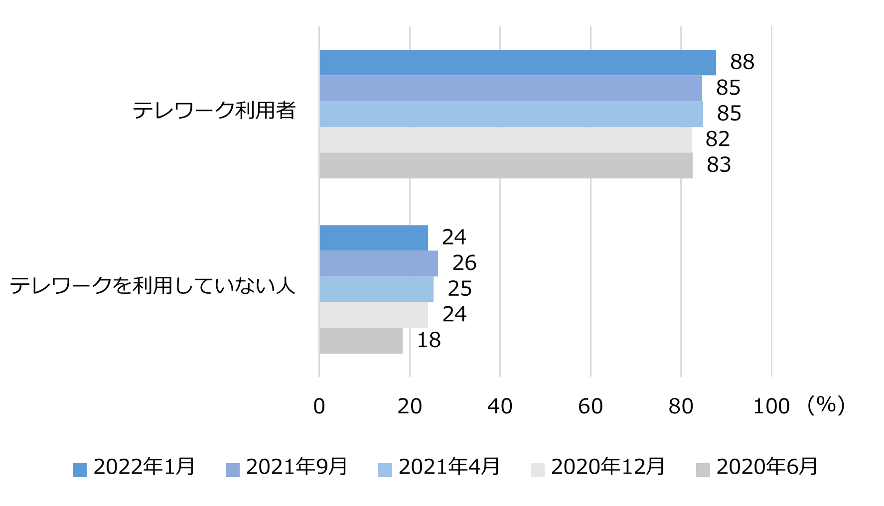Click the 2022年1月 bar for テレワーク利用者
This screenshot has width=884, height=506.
517,63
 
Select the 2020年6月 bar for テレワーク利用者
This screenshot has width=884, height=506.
506,165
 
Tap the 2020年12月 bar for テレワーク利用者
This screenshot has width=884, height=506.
505,140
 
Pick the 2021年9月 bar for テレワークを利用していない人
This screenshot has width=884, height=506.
379,263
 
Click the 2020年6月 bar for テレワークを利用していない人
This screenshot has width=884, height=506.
361,341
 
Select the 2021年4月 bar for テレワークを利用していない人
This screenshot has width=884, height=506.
376,289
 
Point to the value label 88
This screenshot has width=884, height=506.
742,62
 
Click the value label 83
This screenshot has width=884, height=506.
719,165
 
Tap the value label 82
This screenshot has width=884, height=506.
718,139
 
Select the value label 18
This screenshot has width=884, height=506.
429,340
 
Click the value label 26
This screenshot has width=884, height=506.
464,263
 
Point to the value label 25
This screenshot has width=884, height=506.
459,289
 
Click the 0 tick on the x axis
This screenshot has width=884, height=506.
319,406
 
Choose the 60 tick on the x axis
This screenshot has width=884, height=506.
590,406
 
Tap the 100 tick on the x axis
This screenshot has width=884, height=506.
771,406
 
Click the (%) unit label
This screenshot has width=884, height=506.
826,405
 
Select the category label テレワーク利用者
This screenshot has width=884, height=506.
214,111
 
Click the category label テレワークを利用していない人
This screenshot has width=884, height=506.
152,286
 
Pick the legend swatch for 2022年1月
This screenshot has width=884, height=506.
80,470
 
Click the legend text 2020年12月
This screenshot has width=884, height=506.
607,467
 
